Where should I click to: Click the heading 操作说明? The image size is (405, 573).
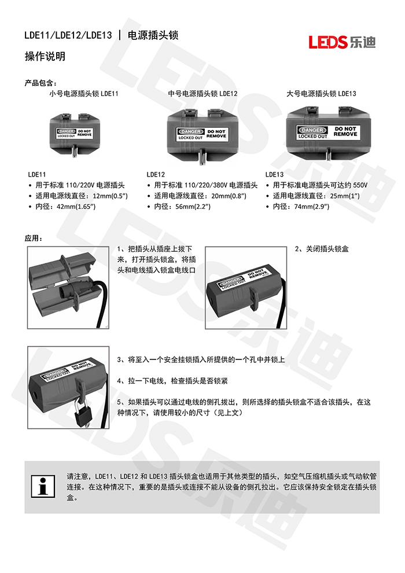pos(45,56)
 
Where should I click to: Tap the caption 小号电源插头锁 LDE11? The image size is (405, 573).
pos(84,93)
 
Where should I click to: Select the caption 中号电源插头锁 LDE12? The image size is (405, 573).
pos(203,93)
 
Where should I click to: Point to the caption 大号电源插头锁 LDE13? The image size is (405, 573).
pos(321,93)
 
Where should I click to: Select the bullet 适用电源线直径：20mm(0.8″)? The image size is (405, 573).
pos(200,196)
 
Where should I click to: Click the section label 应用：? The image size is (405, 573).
pos(34,238)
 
